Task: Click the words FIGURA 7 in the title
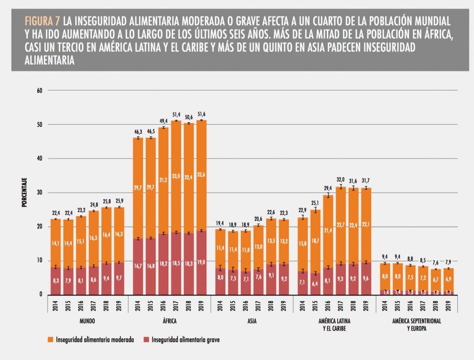tap(43, 21)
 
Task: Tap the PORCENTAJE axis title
tap(24, 192)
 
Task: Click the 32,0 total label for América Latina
tap(340, 179)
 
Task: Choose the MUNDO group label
tap(87, 320)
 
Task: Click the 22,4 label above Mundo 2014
tap(56, 213)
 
